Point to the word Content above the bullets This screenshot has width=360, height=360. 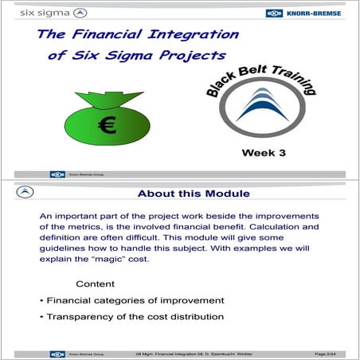point(95,284)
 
